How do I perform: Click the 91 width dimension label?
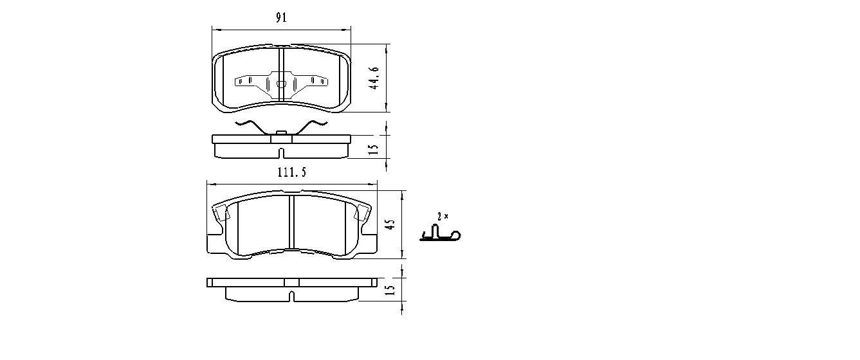281,17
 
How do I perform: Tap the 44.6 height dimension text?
374,78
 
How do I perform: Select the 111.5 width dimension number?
292,172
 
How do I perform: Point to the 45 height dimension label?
390,224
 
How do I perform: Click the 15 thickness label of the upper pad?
373,149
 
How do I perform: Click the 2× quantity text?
443,217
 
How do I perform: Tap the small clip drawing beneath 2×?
440,233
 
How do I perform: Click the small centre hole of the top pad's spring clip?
281,84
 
